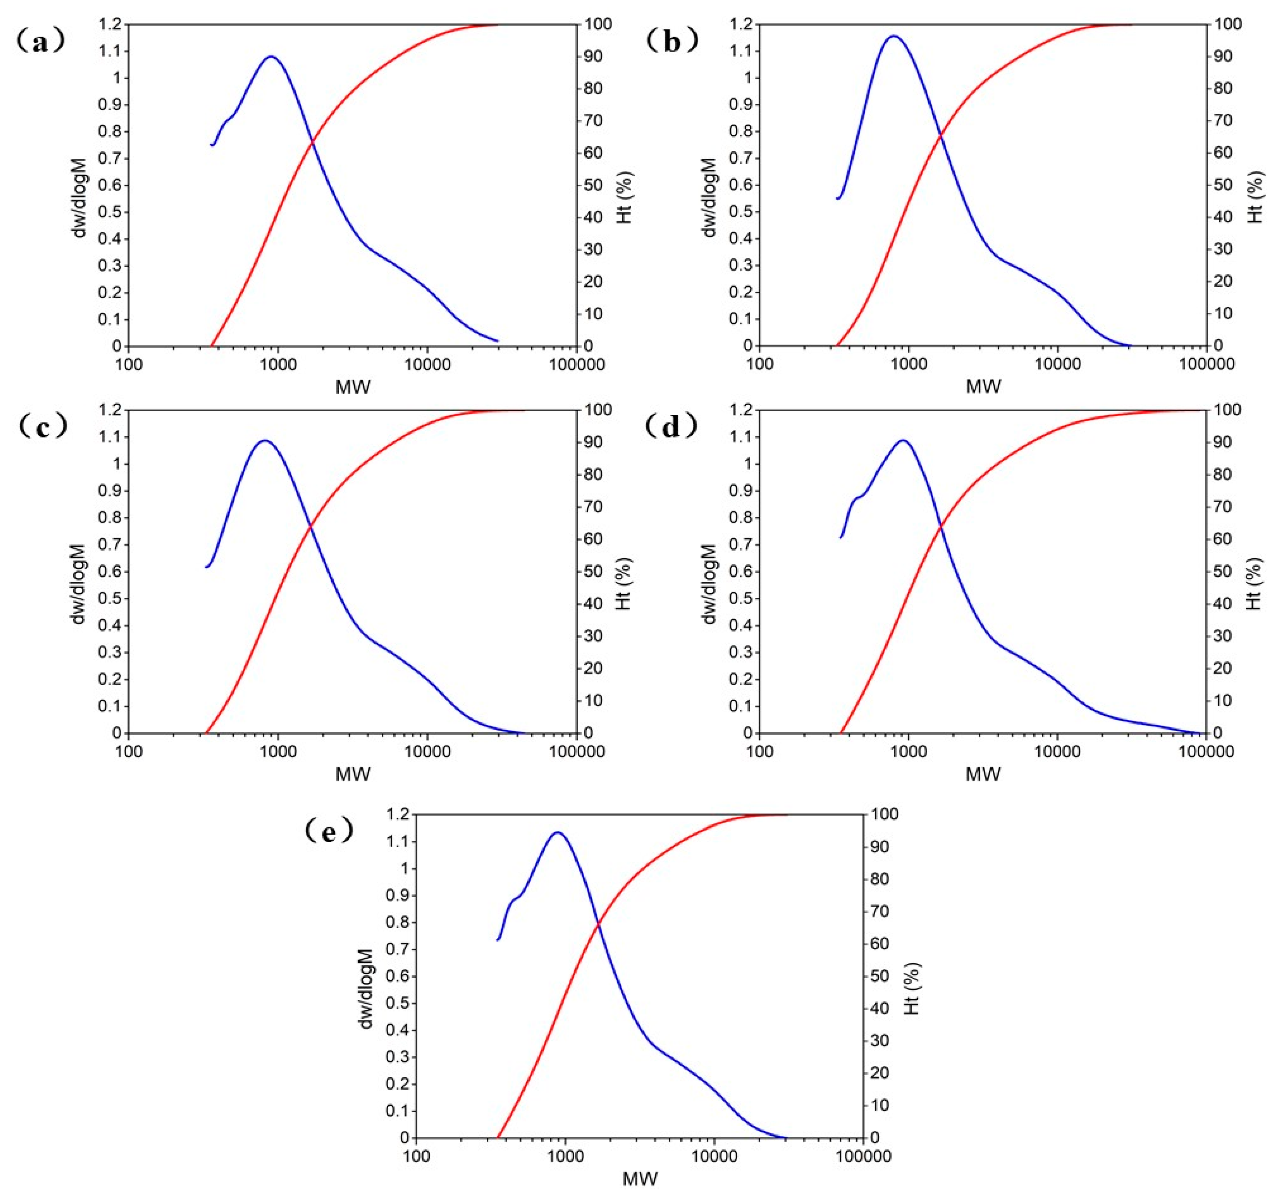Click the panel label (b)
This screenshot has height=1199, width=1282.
click(671, 43)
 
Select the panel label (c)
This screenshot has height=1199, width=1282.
click(43, 428)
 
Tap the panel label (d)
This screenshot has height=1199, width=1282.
click(671, 428)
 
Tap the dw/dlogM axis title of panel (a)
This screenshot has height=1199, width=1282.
click(80, 197)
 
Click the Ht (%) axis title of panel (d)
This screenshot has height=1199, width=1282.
click(1254, 584)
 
